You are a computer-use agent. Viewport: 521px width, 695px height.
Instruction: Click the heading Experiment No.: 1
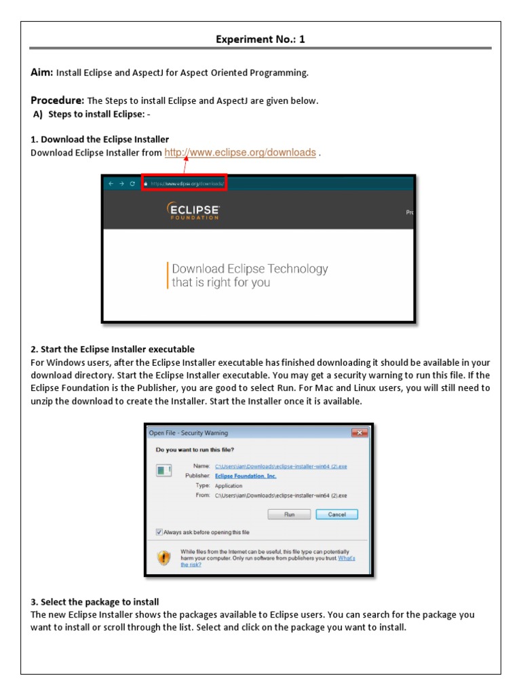260,39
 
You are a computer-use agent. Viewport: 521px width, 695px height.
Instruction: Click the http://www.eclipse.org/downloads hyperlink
240,153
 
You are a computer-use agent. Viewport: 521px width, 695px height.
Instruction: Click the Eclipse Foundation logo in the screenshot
193,211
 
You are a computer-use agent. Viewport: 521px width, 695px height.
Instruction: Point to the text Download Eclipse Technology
250,269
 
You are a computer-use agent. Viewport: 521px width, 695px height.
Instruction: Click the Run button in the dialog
289,514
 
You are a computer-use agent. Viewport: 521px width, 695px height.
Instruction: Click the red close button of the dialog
359,433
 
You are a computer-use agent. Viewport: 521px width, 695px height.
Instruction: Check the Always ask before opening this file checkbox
159,532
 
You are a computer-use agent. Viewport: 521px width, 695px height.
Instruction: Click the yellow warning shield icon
164,557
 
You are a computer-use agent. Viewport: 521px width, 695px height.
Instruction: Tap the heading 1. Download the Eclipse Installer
100,139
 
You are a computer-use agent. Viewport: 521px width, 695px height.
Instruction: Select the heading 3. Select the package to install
95,602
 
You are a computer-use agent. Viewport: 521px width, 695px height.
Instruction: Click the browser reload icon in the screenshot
132,183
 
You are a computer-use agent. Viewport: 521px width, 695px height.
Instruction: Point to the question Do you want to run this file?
196,449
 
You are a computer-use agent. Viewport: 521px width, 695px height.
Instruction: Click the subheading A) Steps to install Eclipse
92,113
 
